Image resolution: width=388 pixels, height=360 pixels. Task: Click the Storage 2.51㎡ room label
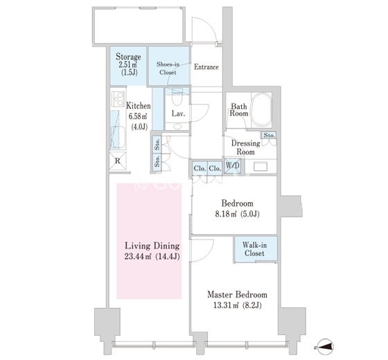pos(128,64)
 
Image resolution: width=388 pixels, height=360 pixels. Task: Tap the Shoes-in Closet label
pos(168,69)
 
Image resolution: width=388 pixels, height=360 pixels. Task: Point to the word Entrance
pos(206,67)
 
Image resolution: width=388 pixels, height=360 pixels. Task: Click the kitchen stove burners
pos(118,99)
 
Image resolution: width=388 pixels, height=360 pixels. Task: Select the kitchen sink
pos(118,138)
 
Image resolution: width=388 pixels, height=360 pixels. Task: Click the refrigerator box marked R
pos(118,161)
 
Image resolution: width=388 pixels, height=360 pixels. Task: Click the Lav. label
pos(179,114)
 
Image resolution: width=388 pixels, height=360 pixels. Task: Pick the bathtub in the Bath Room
pos(261,109)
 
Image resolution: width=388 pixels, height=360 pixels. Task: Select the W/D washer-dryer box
pos(233,166)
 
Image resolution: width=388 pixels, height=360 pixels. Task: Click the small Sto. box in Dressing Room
pos(269,135)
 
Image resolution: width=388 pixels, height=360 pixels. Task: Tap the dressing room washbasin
pos(261,166)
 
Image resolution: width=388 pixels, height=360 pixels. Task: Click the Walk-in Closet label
pos(254,249)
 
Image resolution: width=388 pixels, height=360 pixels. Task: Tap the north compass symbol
pos(325,347)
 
